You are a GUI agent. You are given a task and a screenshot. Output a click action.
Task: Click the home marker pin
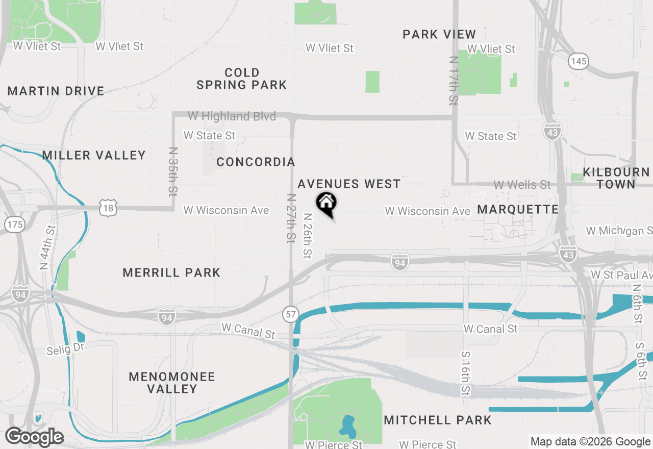pyautogui.click(x=326, y=204)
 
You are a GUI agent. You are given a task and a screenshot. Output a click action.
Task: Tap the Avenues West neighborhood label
pyautogui.click(x=349, y=184)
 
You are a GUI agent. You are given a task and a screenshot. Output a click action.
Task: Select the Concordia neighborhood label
pyautogui.click(x=256, y=162)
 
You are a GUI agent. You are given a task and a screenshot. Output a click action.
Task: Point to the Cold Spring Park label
pyautogui.click(x=242, y=79)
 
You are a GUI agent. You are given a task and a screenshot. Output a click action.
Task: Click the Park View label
pyautogui.click(x=439, y=34)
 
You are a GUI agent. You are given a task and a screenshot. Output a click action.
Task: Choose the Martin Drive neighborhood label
pyautogui.click(x=56, y=91)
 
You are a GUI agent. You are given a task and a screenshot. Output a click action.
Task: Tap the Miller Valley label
pyautogui.click(x=94, y=155)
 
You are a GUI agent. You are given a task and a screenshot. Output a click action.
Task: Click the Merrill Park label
pyautogui.click(x=171, y=272)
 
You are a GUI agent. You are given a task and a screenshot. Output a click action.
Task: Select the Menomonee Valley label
pyautogui.click(x=172, y=383)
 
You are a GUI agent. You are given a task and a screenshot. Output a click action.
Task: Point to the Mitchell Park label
pyautogui.click(x=438, y=420)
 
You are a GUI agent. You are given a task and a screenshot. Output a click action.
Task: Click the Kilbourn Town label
pyautogui.click(x=616, y=178)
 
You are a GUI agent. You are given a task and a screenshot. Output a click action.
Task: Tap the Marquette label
pyautogui.click(x=518, y=209)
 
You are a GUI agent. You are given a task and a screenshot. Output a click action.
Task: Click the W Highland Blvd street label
pyautogui.click(x=232, y=116)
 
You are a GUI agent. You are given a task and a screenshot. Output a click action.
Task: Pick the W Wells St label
pyautogui.click(x=522, y=184)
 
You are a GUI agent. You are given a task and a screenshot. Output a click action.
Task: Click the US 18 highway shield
pyautogui.click(x=109, y=208)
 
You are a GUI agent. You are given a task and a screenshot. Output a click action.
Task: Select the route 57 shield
pyautogui.click(x=291, y=314)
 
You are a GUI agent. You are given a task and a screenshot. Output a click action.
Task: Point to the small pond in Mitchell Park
pyautogui.click(x=348, y=425)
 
